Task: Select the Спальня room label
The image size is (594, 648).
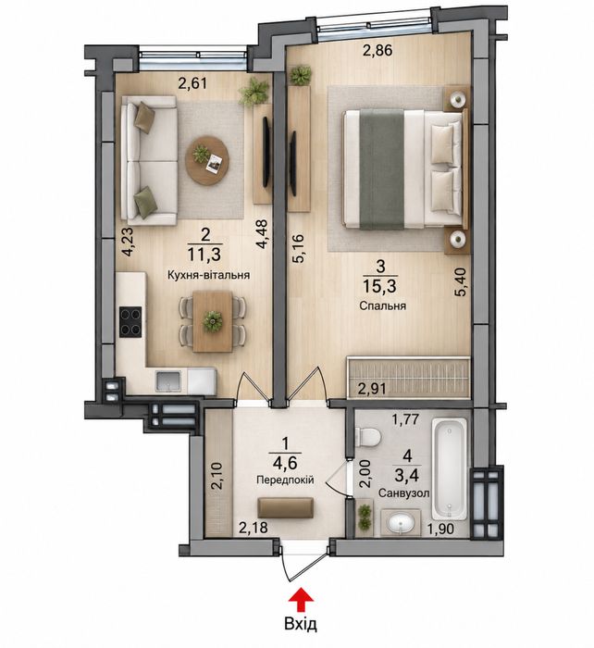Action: click(x=382, y=305)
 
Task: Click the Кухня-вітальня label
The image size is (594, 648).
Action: click(x=208, y=275)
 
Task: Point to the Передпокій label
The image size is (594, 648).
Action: click(x=285, y=480)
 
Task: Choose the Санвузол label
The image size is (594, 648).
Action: click(x=404, y=493)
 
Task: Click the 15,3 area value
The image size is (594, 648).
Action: click(x=379, y=285)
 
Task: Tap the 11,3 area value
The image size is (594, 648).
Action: click(x=204, y=255)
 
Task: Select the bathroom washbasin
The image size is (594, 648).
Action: click(x=401, y=524)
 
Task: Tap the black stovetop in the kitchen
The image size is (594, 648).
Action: click(x=130, y=322)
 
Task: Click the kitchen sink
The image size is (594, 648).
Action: click(x=167, y=381)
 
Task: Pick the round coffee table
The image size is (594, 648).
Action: click(x=207, y=160)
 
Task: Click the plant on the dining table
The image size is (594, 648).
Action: click(x=213, y=320)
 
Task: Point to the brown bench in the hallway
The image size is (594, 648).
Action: click(x=285, y=508)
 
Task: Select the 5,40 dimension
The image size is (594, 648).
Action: click(x=461, y=281)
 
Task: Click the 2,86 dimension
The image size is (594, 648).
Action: click(x=377, y=50)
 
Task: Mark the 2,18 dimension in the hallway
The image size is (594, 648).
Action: click(x=254, y=528)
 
